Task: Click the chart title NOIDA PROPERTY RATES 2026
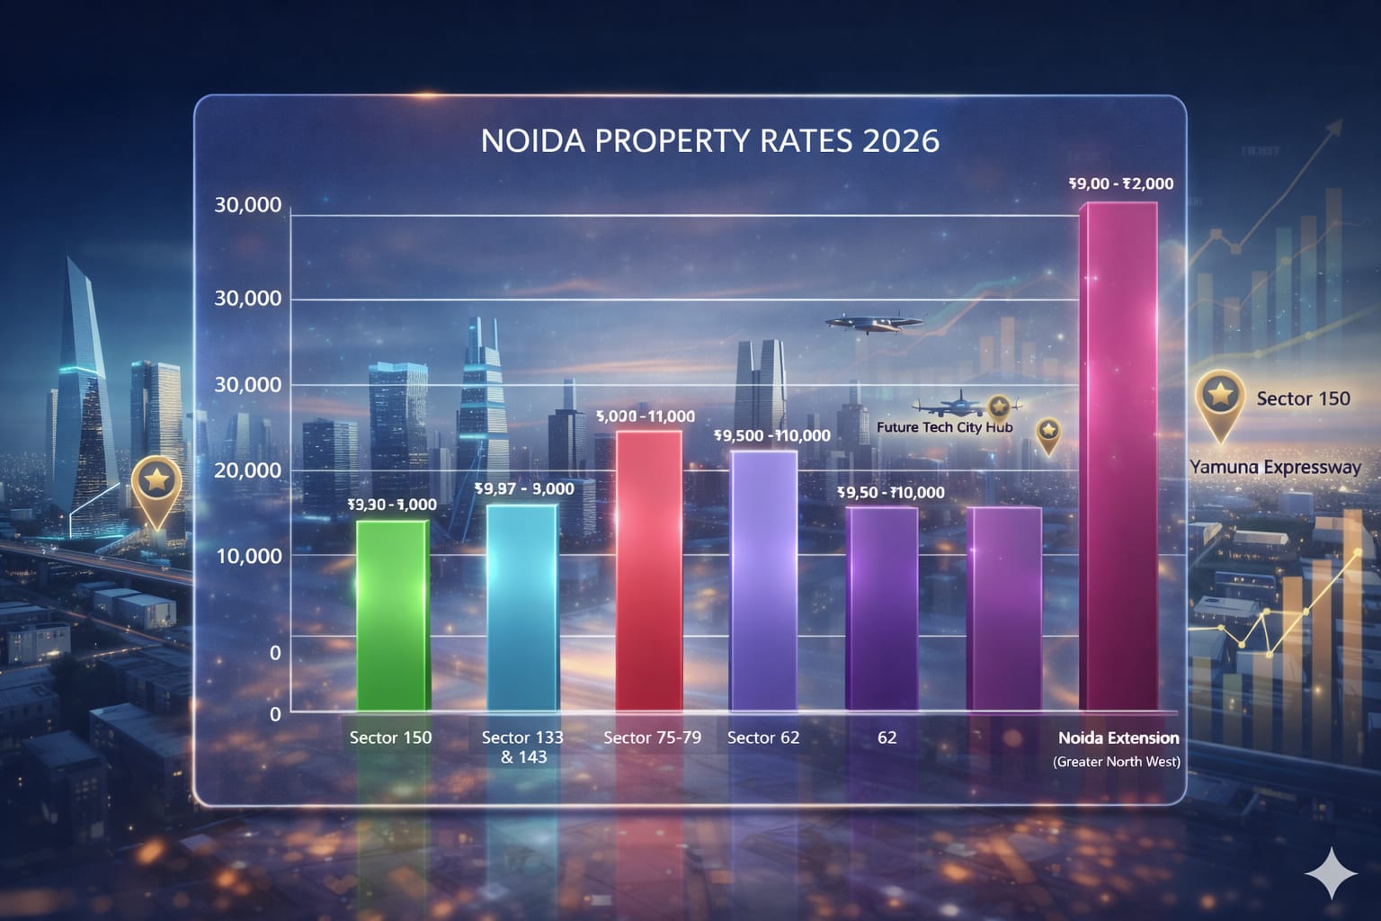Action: pos(710,141)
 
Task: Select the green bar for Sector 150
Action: pos(392,616)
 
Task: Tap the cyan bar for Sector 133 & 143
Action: pos(521,607)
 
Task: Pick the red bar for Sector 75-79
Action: pos(649,571)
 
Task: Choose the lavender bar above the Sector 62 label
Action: pos(763,580)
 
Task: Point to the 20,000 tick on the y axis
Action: pos(248,470)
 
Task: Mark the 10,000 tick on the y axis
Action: pos(249,556)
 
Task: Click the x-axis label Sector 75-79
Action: pos(652,738)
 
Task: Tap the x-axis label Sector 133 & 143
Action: pos(522,747)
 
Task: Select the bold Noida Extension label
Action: pos(1118,738)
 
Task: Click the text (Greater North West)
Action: pos(1117,762)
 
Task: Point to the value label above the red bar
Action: pos(646,416)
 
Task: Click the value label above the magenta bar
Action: pos(1121,183)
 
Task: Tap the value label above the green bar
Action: pos(392,505)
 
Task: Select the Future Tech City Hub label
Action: pos(944,427)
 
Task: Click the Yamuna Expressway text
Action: pos(1275,467)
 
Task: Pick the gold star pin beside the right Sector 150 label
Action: pos(1220,398)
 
